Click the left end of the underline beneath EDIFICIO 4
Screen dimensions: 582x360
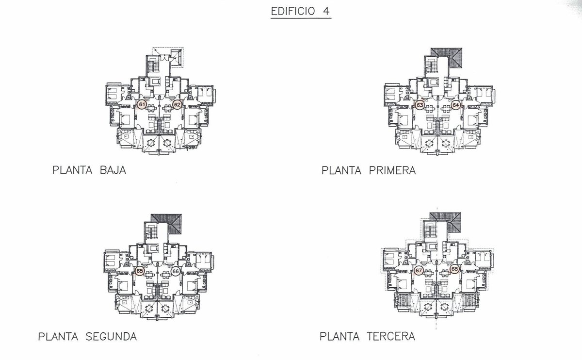tap(271, 18)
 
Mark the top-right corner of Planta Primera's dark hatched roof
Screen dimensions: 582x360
tap(462, 48)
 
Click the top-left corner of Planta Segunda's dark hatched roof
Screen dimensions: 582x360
tap(151, 214)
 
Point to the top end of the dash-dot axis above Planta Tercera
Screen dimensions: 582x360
tap(437, 208)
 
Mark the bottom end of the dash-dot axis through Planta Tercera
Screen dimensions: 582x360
tap(436, 330)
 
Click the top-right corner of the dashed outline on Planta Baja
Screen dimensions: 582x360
tap(183, 48)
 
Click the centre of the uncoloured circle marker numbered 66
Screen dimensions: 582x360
tap(176, 271)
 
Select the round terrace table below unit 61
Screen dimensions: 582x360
tap(150, 143)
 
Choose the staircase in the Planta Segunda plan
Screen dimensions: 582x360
tap(150, 232)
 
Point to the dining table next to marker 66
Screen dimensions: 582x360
tap(164, 274)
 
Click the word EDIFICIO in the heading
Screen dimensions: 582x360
tap(293, 11)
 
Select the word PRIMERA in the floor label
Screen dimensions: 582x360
tap(392, 170)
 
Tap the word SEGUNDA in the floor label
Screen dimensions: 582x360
tap(111, 337)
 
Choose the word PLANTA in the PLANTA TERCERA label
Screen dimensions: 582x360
tap(339, 336)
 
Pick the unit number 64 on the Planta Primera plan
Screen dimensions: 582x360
tap(456, 105)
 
